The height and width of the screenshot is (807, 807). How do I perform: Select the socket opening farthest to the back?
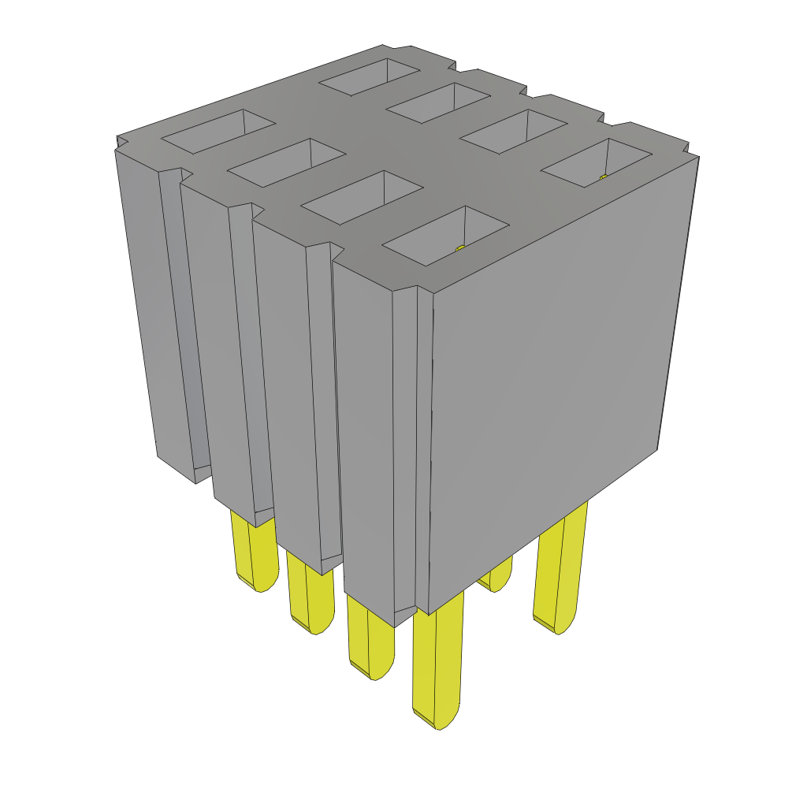[369, 76]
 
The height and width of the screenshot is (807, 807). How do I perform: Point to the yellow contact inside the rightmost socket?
[603, 178]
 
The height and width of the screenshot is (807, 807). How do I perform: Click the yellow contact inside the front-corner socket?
[462, 248]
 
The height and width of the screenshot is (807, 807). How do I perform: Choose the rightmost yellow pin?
[561, 567]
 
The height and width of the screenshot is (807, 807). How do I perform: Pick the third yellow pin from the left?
[370, 638]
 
